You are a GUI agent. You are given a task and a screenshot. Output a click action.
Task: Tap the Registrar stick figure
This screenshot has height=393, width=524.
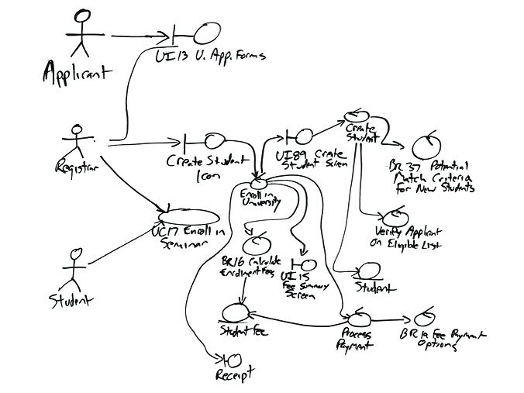[75, 143]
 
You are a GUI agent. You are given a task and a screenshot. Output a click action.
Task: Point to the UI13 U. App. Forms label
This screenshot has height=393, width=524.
[210, 56]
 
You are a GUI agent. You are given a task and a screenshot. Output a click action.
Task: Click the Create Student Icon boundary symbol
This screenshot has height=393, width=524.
[208, 140]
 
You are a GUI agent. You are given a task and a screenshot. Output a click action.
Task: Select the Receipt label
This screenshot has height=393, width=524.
[235, 375]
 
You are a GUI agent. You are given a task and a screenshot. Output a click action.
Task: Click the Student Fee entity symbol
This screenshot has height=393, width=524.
[233, 311]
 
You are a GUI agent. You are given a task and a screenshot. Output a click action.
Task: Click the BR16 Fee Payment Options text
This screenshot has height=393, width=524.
[441, 340]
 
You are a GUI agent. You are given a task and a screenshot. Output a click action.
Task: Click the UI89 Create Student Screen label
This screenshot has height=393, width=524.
[313, 160]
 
